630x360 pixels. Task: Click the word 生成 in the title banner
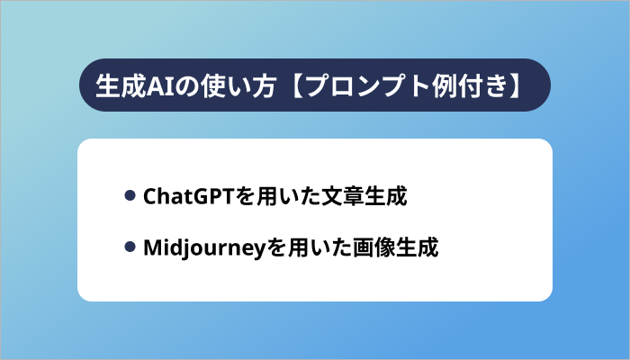tap(114, 85)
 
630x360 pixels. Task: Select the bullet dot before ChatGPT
tap(130, 195)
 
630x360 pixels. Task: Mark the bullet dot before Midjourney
tap(130, 247)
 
